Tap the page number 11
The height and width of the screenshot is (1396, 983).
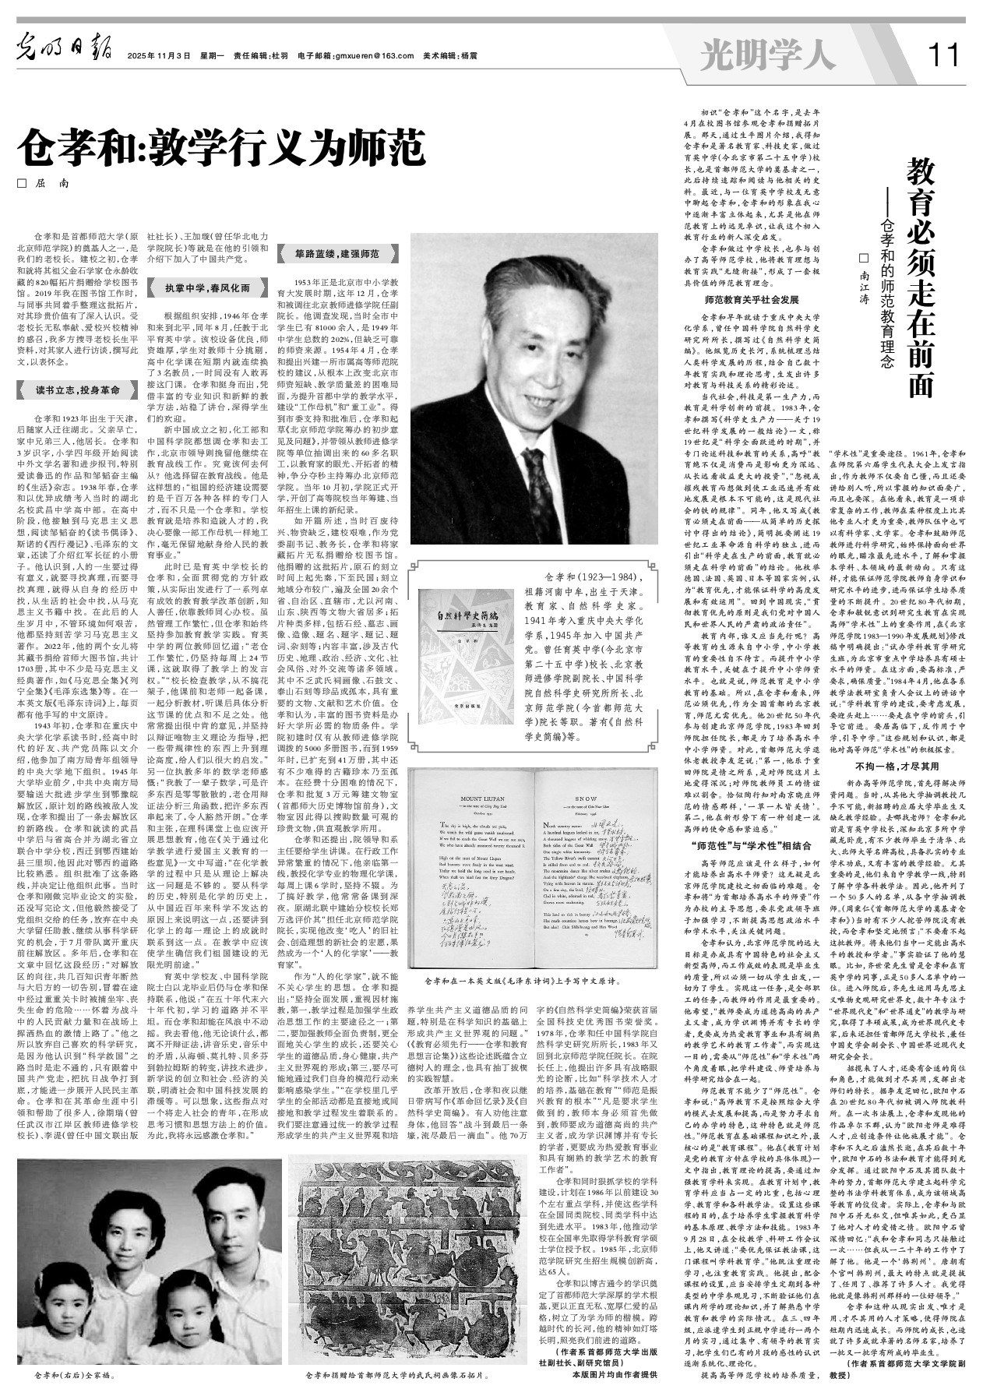pos(945,55)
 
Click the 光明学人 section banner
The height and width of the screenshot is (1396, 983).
pos(767,55)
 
